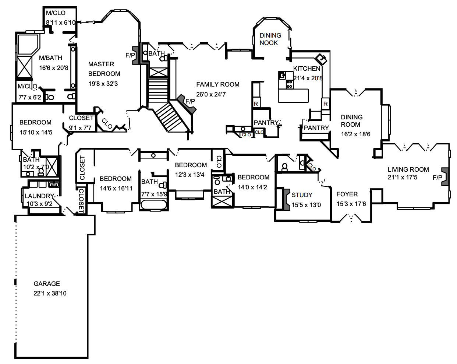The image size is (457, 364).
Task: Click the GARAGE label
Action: (x=47, y=284)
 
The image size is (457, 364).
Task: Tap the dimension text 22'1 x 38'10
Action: (x=50, y=293)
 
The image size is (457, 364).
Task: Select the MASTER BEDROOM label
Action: (x=104, y=69)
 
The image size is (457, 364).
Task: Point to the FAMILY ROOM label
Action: (x=218, y=85)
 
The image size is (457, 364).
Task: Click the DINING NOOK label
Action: (x=270, y=39)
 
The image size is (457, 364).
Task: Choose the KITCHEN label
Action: (x=307, y=69)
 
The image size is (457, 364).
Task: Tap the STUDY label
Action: (x=302, y=195)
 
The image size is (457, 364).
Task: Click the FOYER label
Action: (x=347, y=194)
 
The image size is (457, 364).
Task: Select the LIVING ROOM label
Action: (x=408, y=169)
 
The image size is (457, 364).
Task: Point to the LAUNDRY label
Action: (x=39, y=196)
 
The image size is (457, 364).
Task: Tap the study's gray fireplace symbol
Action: (x=286, y=199)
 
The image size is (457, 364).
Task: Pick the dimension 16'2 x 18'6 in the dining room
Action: (x=355, y=134)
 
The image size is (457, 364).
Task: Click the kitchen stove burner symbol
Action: (x=290, y=84)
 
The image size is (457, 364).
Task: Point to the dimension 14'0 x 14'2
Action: (x=252, y=187)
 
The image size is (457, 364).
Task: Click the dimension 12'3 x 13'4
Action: (x=189, y=175)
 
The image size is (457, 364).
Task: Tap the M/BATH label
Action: (x=50, y=58)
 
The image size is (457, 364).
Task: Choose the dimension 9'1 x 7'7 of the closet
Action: (x=80, y=128)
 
